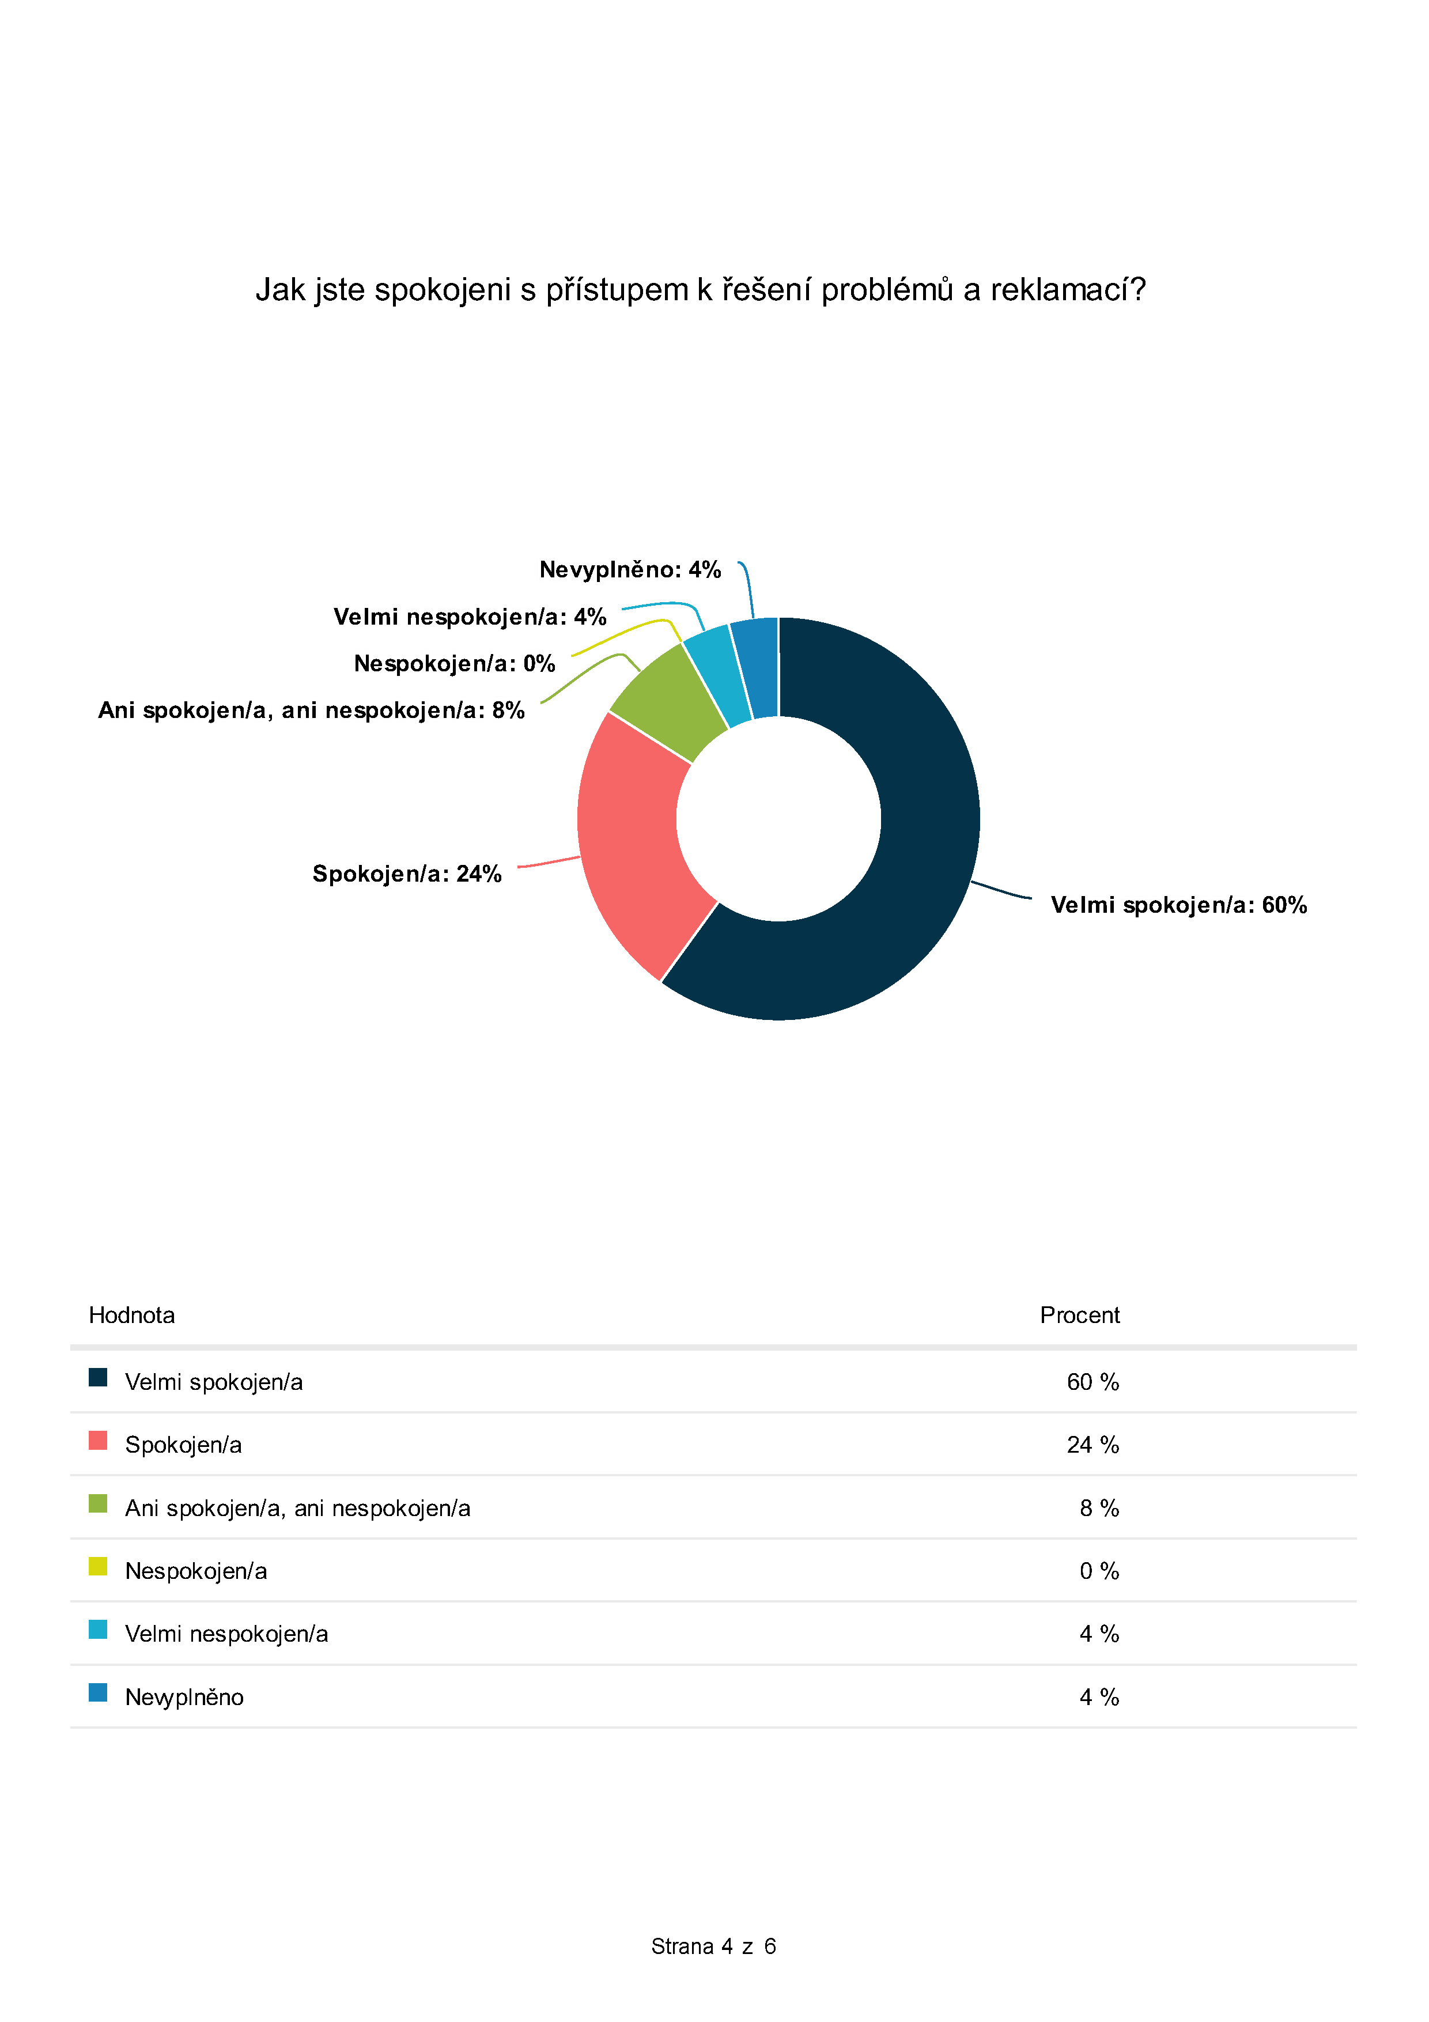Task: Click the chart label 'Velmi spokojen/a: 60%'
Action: click(x=1178, y=905)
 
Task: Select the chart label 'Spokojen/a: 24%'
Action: click(x=407, y=874)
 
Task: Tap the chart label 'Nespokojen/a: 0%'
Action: click(x=454, y=663)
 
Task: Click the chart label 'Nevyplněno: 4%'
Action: click(x=630, y=570)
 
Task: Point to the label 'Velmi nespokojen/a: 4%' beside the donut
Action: click(x=469, y=617)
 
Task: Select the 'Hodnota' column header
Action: click(x=132, y=1315)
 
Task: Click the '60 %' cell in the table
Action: click(x=1092, y=1382)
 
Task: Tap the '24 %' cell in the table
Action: click(x=1092, y=1444)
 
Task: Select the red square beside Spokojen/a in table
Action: click(x=98, y=1440)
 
